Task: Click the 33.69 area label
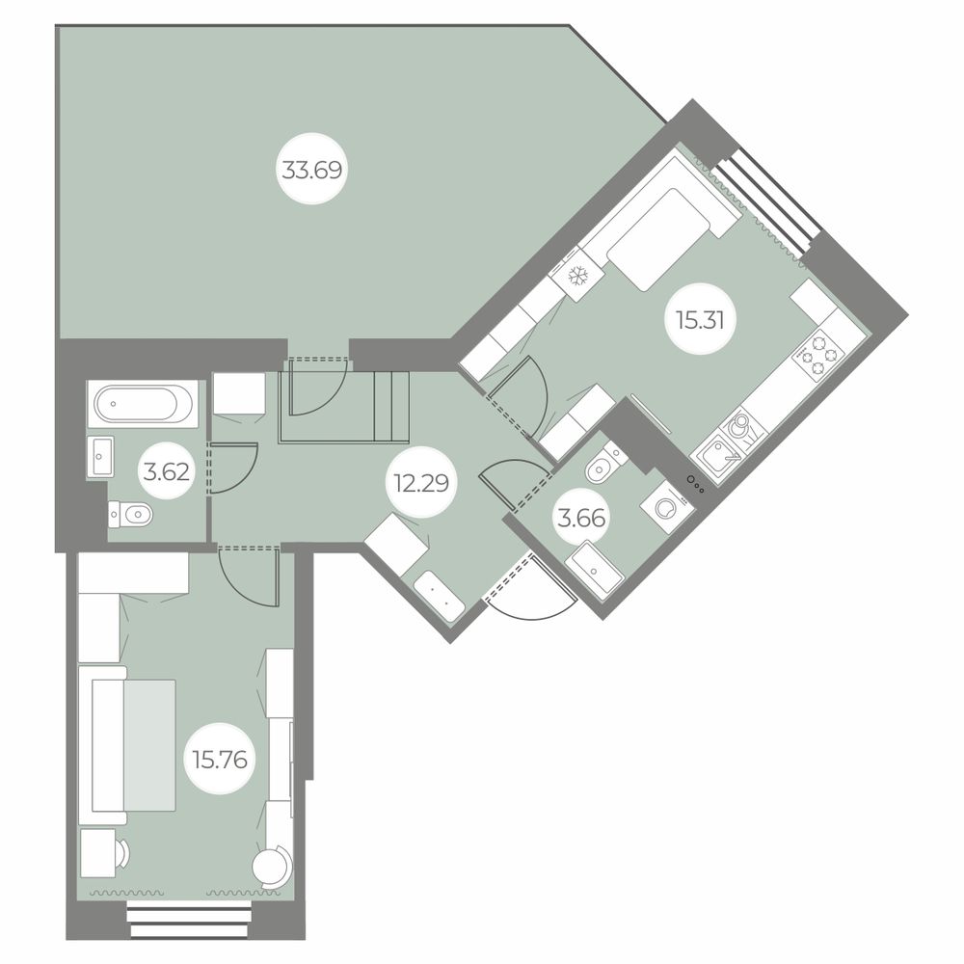(x=311, y=169)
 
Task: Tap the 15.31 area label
(x=700, y=320)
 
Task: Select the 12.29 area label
(x=422, y=484)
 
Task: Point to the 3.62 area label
(x=166, y=472)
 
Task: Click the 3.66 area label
(x=581, y=519)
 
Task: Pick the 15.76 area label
(x=220, y=760)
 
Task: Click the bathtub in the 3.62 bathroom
(x=144, y=404)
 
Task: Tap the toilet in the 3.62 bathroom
(x=130, y=514)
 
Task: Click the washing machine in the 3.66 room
(x=666, y=507)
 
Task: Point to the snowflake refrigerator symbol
(x=577, y=276)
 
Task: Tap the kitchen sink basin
(x=717, y=456)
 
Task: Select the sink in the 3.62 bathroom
(x=100, y=456)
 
